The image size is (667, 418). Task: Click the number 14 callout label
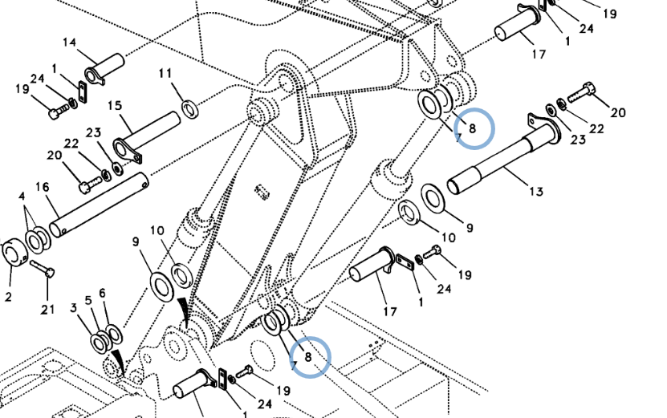pyautogui.click(x=69, y=43)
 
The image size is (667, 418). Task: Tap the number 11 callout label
pyautogui.click(x=165, y=74)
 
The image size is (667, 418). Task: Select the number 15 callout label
pyautogui.click(x=114, y=105)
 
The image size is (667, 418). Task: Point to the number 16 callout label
pyautogui.click(x=42, y=187)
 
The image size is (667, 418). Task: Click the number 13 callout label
pyautogui.click(x=536, y=191)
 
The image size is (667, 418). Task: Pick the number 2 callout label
pyautogui.click(x=8, y=298)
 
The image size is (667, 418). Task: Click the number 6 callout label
pyautogui.click(x=102, y=293)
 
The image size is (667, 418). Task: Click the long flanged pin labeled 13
pyautogui.click(x=498, y=160)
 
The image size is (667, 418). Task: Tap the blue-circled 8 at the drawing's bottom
pyautogui.click(x=308, y=356)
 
